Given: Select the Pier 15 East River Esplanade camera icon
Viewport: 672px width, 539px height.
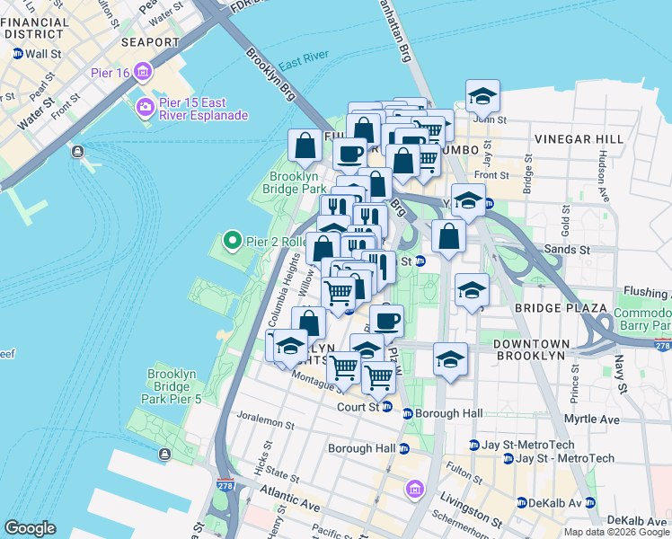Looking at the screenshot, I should pyautogui.click(x=144, y=109).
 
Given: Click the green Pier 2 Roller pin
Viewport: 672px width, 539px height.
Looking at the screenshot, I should pyautogui.click(x=232, y=240).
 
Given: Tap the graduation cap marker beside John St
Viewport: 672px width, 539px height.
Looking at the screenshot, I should pyautogui.click(x=482, y=96).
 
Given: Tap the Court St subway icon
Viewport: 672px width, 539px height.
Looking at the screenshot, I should pyautogui.click(x=386, y=407).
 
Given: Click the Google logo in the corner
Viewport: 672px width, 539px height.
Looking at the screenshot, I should pyautogui.click(x=30, y=528).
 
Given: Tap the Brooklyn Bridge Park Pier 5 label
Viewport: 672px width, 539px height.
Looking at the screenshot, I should pyautogui.click(x=172, y=386).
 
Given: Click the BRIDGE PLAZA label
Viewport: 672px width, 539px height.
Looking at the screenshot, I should pyautogui.click(x=550, y=308).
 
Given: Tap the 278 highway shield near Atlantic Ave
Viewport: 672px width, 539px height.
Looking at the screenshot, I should pyautogui.click(x=223, y=486).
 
